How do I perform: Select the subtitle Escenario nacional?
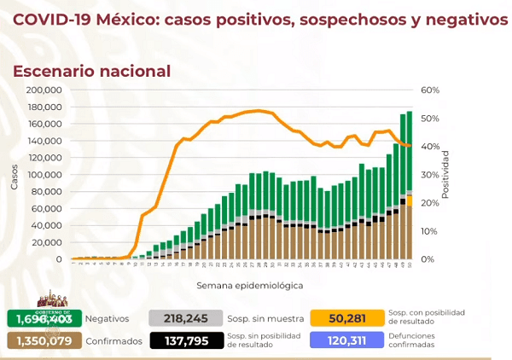[x=91, y=72]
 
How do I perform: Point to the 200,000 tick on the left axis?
[x=44, y=90]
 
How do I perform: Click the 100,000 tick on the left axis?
[x=44, y=174]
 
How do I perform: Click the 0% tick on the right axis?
[x=427, y=258]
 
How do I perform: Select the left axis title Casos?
[x=14, y=174]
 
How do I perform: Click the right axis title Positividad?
[x=445, y=174]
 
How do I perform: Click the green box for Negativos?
[x=44, y=318]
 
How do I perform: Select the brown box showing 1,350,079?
[x=44, y=341]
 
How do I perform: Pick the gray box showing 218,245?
[x=184, y=318]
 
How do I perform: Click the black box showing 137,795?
[x=184, y=341]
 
